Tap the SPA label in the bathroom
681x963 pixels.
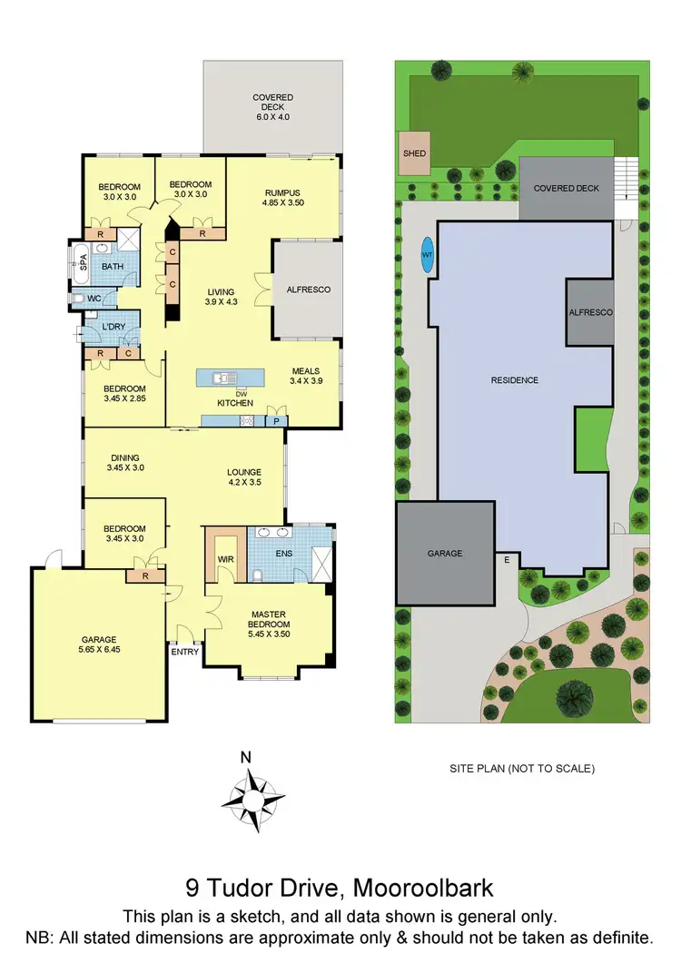coord(83,262)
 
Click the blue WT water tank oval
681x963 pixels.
coord(427,255)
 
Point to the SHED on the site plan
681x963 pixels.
coord(414,153)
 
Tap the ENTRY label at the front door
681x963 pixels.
coord(184,651)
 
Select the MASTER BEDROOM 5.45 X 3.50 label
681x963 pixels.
coord(269,619)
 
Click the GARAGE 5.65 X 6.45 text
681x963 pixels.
coord(98,644)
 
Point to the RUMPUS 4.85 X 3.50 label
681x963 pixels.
coord(282,197)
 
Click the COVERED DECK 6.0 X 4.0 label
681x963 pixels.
coord(272,103)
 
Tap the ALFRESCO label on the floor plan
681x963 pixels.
coord(308,290)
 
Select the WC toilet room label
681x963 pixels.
coord(94,298)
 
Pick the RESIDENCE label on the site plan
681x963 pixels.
coord(514,380)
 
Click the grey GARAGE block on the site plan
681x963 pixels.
coord(445,553)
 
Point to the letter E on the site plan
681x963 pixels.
coord(507,560)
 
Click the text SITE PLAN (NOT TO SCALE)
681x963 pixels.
coord(522,768)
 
